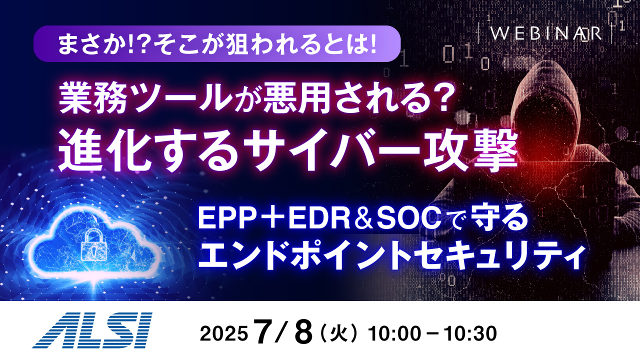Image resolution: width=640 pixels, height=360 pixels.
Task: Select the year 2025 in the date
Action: (x=223, y=332)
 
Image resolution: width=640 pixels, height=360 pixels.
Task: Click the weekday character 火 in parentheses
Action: (x=339, y=332)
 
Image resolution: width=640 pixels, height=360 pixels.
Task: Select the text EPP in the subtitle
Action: (x=219, y=217)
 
